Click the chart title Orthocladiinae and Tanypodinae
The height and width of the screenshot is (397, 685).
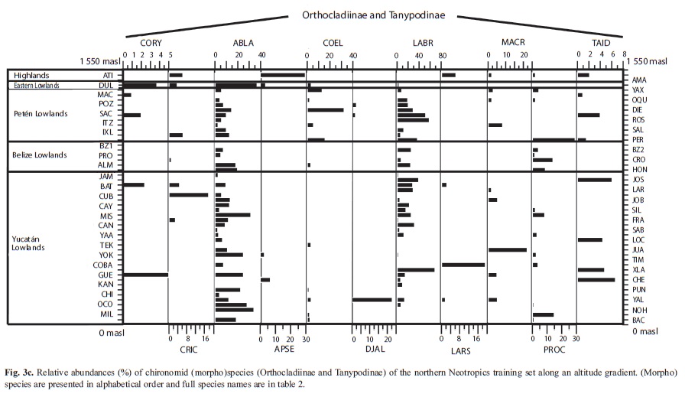pos(374,15)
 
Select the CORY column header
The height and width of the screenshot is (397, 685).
pos(151,43)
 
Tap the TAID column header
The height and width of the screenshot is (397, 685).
pos(601,43)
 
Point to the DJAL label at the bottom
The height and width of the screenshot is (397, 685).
pos(375,349)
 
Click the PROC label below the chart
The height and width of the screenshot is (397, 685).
pos(554,350)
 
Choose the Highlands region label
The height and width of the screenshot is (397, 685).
pos(31,75)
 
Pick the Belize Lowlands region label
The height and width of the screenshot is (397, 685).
pos(39,155)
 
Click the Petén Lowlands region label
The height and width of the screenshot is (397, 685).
pos(41,114)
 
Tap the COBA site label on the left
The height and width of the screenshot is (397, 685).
pos(102,265)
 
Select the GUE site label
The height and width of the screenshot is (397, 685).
pos(106,275)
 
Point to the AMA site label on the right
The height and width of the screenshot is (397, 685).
pos(639,80)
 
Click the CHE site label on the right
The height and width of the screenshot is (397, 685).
pos(638,280)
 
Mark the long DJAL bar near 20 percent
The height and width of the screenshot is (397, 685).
pos(372,300)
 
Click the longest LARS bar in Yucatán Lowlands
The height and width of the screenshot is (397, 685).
pos(463,265)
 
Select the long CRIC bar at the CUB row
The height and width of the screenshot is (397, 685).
pos(189,195)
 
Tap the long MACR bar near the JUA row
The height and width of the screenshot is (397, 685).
pos(508,249)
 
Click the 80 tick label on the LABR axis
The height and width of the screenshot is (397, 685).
pos(443,56)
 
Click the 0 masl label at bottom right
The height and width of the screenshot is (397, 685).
pos(644,331)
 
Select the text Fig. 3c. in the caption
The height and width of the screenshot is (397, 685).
pos(19,373)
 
